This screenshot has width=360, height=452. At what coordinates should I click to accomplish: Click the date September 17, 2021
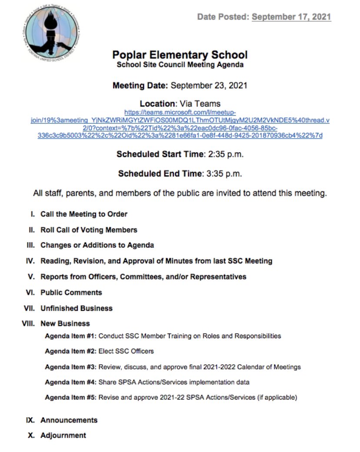point(291,17)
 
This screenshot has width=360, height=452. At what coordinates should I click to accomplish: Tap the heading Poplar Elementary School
point(180,55)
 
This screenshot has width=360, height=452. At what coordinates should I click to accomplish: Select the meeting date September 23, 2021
point(209,85)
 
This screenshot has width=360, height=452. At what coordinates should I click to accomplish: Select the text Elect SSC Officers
point(126,351)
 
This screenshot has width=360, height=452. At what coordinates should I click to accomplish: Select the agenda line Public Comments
point(71,292)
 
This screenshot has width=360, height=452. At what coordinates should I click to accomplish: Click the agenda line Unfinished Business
point(77,308)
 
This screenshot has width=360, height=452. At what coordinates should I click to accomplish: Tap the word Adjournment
point(63,435)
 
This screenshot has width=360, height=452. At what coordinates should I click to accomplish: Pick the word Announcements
point(69,420)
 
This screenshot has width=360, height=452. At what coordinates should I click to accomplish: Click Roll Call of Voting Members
point(89,230)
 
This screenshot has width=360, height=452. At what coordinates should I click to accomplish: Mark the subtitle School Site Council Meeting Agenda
point(180,65)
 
